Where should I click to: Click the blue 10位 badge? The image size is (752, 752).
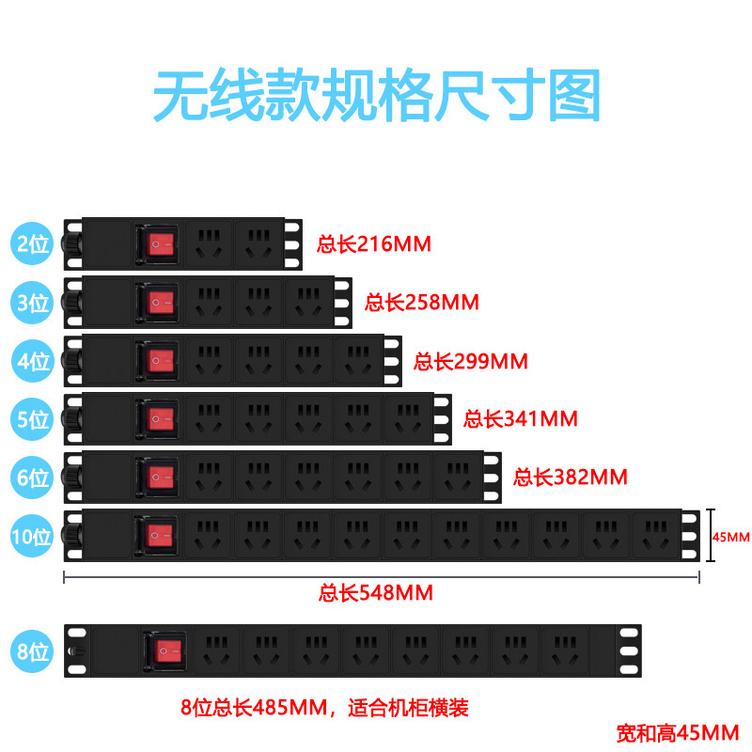point(32,537)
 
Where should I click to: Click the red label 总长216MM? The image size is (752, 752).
point(374,244)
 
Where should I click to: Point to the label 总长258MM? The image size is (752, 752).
point(422,303)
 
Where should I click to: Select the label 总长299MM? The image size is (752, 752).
point(471,361)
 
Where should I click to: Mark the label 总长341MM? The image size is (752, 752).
point(521,418)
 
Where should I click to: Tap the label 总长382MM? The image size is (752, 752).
point(570,477)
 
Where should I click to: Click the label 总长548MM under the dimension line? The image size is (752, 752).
point(376,593)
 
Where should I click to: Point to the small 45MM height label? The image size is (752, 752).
point(730,538)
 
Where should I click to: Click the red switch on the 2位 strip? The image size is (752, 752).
point(162,245)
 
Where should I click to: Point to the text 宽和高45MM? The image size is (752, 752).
point(678,731)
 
